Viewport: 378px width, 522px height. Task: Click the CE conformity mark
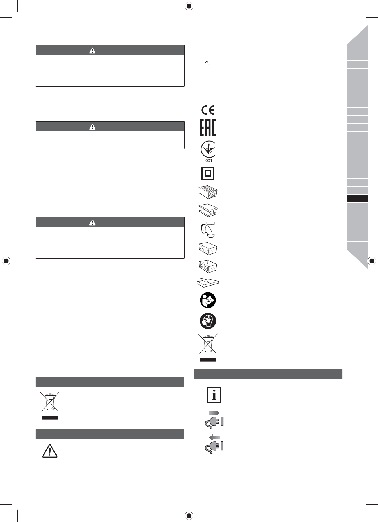point(208,110)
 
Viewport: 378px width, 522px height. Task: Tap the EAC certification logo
point(208,127)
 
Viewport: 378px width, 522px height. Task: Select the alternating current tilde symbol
point(208,63)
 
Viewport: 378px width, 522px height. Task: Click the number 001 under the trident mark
point(209,160)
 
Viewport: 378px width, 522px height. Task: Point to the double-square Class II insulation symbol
point(208,173)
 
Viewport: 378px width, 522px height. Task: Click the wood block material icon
point(208,192)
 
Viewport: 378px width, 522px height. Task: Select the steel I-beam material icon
point(208,210)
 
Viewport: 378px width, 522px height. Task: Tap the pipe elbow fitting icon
point(208,230)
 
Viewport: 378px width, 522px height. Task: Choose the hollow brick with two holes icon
point(208,266)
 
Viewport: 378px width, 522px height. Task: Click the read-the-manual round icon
point(208,300)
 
